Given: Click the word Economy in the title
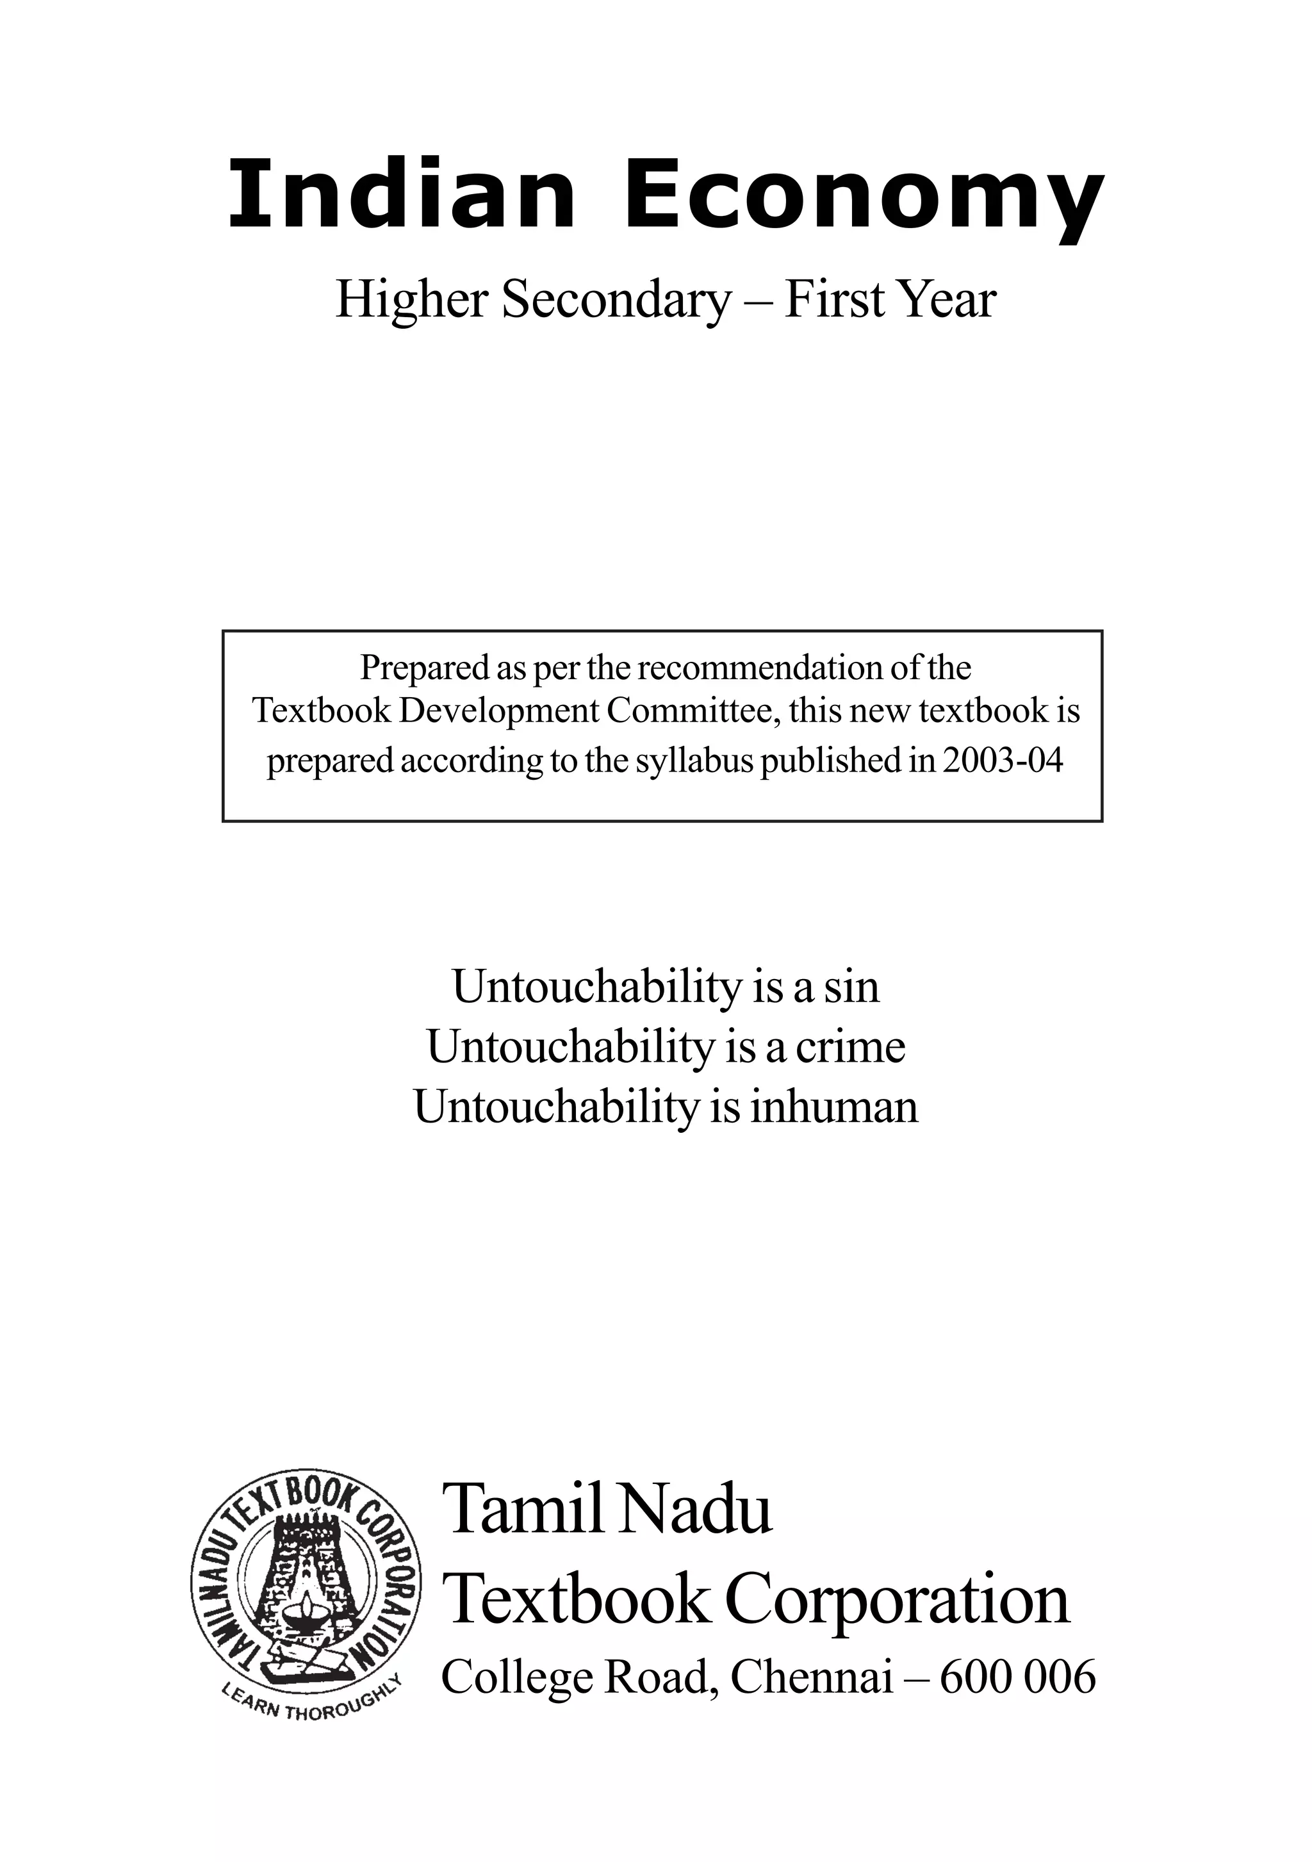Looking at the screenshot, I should [863, 199].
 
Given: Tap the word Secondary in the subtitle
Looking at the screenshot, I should [616, 300].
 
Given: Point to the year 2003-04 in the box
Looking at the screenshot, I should [1002, 761].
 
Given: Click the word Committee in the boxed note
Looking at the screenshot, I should [693, 711].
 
